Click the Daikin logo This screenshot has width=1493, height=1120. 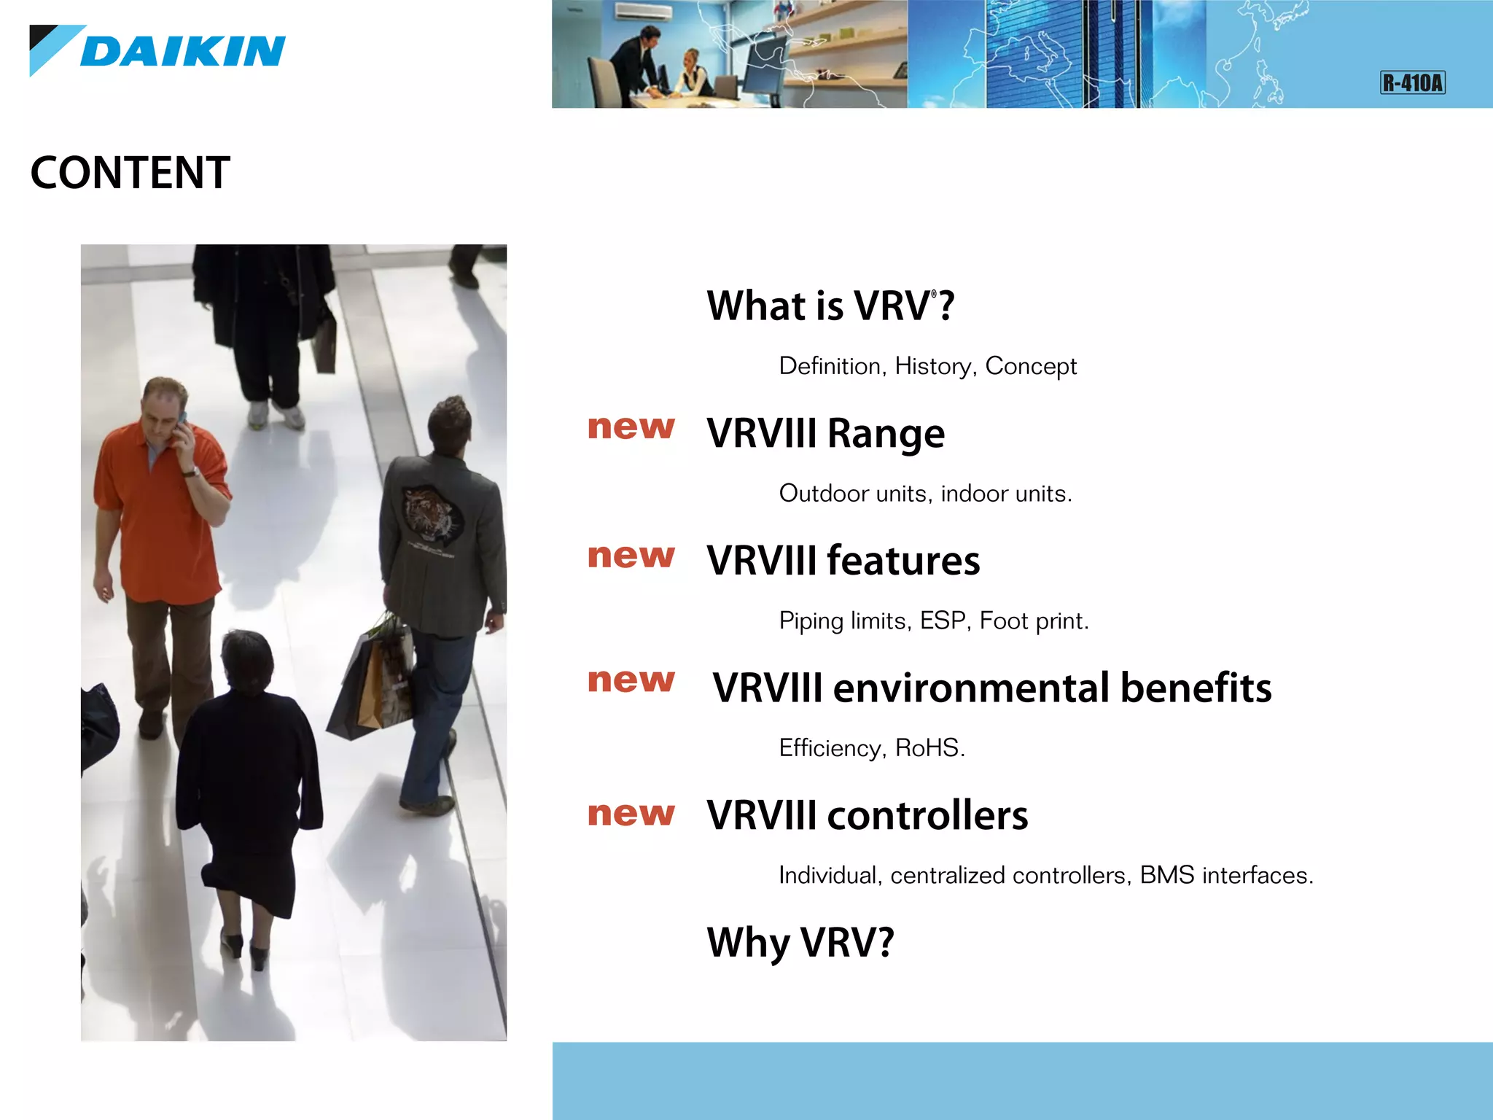(x=157, y=50)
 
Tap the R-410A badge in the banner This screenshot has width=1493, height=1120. (x=1412, y=82)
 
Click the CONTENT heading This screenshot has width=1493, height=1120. (x=130, y=173)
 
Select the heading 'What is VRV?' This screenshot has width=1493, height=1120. (x=830, y=306)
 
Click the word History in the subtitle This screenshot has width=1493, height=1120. (x=935, y=366)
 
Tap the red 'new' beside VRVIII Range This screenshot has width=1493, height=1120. (x=631, y=427)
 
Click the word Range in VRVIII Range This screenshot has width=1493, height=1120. (x=886, y=434)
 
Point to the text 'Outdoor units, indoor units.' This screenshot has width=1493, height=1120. (x=925, y=494)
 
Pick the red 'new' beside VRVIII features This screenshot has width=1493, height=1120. (x=631, y=556)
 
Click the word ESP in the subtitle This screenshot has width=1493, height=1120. (x=943, y=621)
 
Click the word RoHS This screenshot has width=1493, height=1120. (x=927, y=748)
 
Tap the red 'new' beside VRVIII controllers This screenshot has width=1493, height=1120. (x=631, y=814)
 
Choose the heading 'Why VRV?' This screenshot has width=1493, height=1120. (x=800, y=942)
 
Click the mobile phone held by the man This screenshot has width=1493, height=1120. (x=181, y=422)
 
